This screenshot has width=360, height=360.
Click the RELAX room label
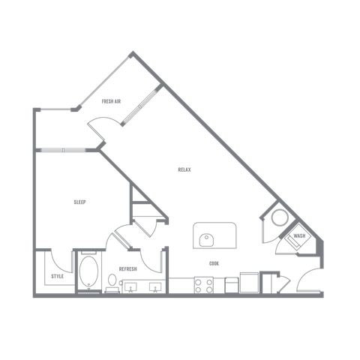184,169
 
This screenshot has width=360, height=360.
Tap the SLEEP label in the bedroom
79,202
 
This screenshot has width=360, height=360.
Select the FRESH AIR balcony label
111,101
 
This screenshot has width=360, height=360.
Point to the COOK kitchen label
214,263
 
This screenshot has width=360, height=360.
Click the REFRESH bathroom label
127,269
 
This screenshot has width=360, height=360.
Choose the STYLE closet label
57,276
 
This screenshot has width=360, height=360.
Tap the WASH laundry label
299,235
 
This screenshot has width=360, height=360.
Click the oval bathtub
88,271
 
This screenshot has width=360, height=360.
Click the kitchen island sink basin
206,240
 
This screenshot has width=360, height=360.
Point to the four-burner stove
204,285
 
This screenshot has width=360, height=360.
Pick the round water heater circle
280,217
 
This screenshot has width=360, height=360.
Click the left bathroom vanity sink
130,287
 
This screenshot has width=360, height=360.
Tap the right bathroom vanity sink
155,287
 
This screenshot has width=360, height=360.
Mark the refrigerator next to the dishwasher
249,283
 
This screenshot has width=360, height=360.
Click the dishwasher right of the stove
231,285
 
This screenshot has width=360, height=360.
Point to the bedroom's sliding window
63,150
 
